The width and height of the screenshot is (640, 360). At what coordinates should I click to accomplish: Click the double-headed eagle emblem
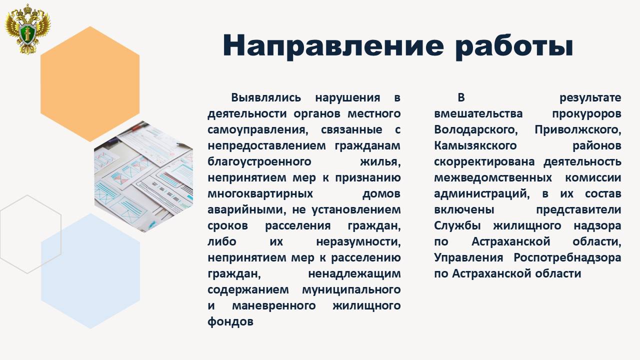pos(28,28)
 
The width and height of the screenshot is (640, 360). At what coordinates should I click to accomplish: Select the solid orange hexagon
pos(90,83)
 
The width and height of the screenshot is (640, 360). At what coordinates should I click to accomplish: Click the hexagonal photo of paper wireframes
pos(143,176)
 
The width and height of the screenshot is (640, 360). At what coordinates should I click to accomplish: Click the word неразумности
pos(358,241)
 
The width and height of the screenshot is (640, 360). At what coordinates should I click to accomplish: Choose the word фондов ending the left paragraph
pos(230,321)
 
